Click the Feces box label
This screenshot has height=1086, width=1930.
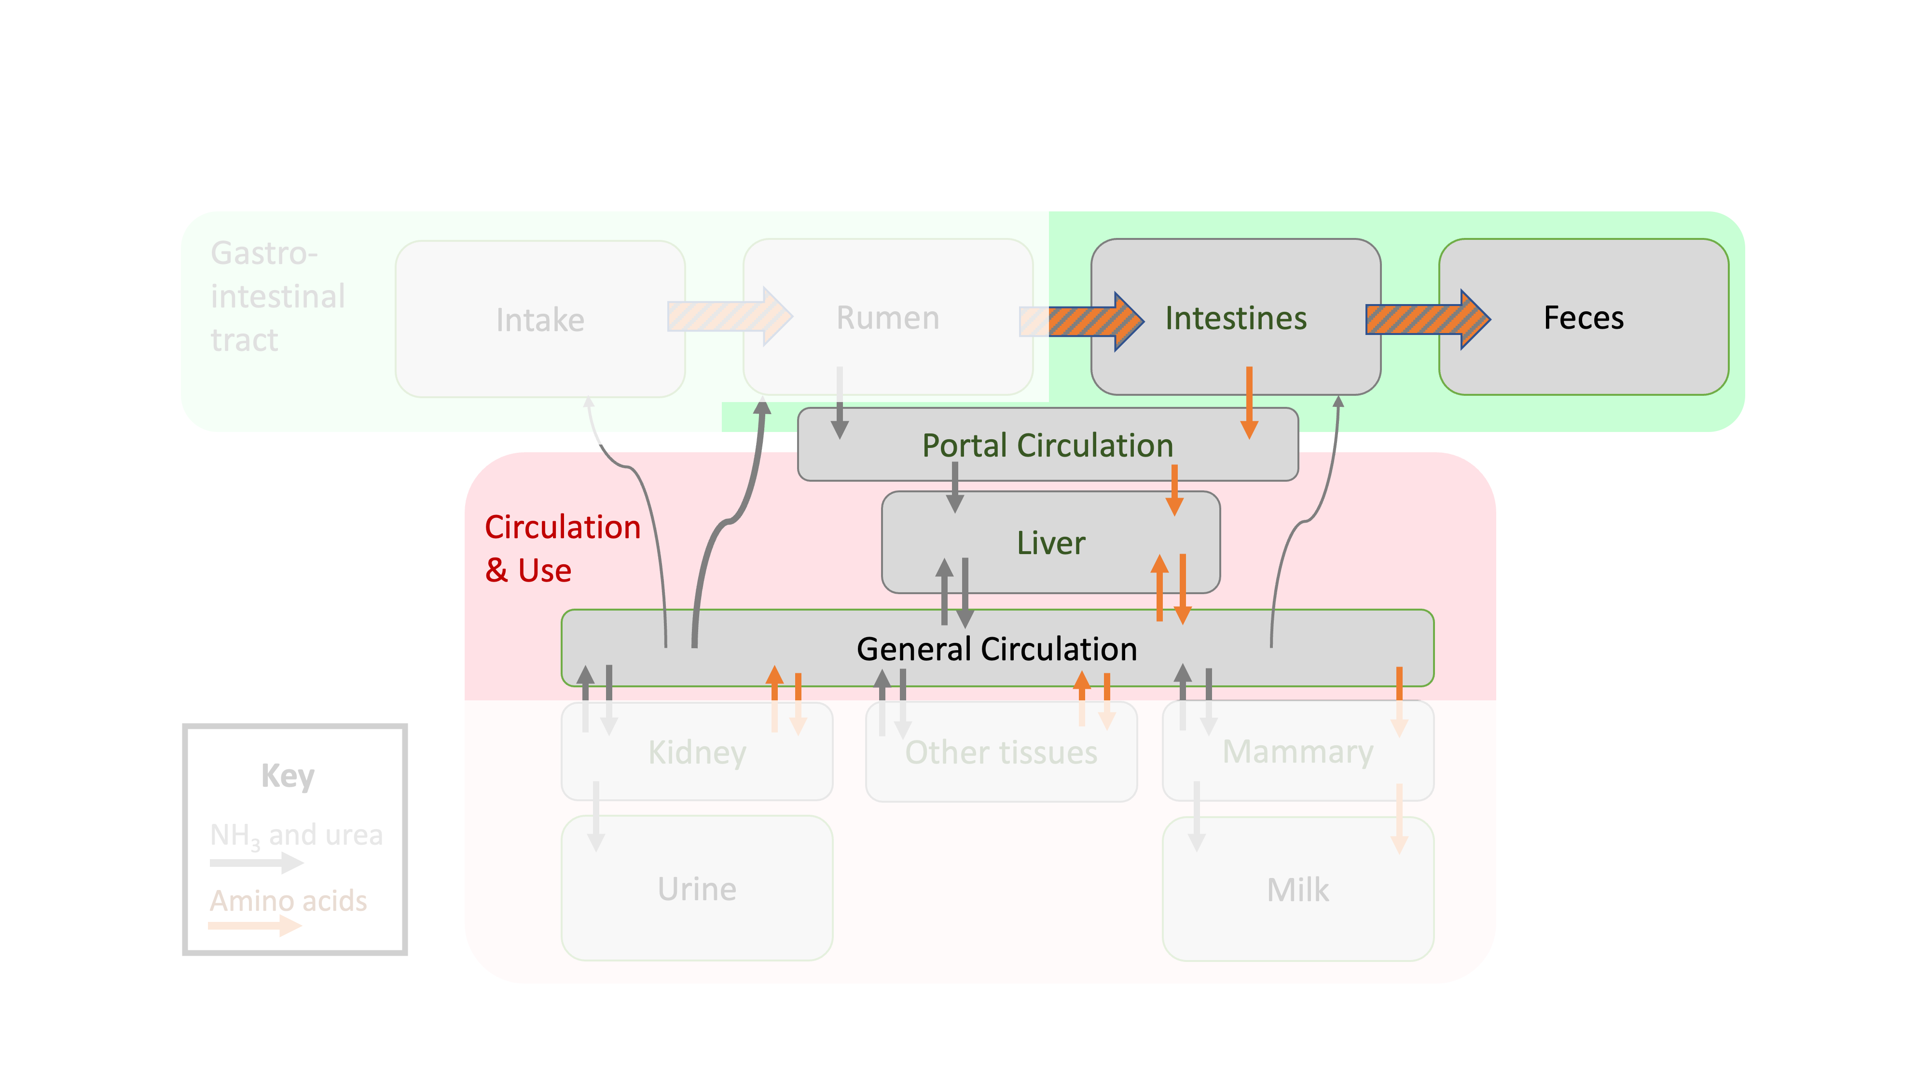point(1583,318)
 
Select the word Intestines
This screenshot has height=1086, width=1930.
point(1236,318)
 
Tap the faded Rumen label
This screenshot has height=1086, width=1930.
point(887,318)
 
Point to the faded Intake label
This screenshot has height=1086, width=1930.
point(539,320)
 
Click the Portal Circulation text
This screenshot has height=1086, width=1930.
point(1047,445)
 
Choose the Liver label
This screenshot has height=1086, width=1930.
point(1050,543)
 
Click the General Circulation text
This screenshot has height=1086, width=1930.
point(996,649)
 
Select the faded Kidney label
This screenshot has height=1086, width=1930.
point(697,752)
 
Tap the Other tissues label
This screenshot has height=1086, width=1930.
point(1001,752)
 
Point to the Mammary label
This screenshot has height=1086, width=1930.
point(1297,752)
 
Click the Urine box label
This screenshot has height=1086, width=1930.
point(697,889)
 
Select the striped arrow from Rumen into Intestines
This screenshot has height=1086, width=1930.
point(1094,321)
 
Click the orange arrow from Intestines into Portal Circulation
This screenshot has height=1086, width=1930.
point(1249,401)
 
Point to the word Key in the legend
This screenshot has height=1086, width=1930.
point(288,776)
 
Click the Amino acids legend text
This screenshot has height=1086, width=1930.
point(289,901)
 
